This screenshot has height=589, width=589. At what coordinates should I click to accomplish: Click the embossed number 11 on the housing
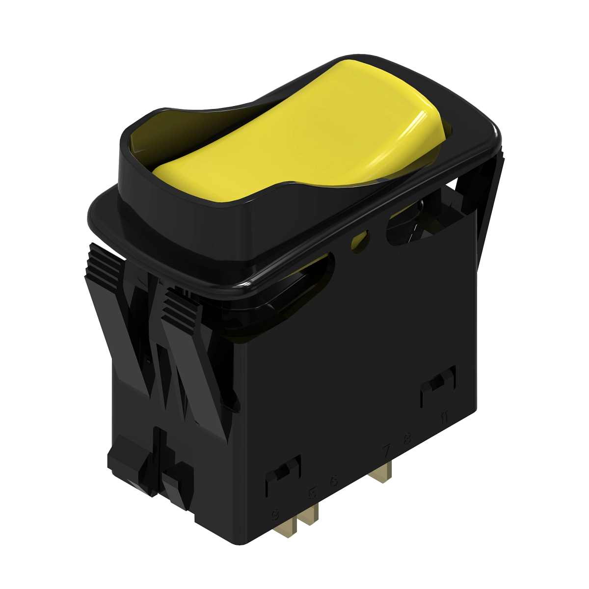pos(444,418)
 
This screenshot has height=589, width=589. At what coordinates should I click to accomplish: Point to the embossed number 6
pos(334,481)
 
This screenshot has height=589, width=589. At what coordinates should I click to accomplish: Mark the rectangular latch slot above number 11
pos(438,385)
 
